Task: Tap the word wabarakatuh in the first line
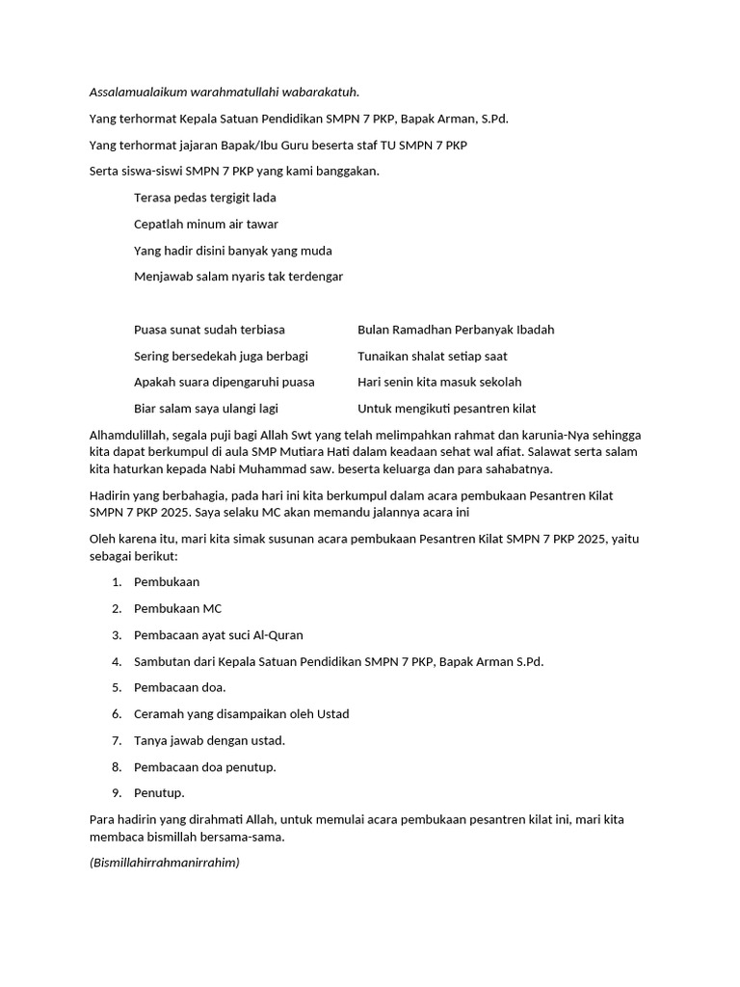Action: click(322, 92)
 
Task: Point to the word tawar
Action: click(261, 224)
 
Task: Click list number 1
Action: click(116, 582)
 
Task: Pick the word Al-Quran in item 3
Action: click(276, 635)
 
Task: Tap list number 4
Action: click(116, 661)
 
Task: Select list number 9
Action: click(116, 793)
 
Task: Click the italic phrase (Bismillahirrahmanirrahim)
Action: click(164, 863)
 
